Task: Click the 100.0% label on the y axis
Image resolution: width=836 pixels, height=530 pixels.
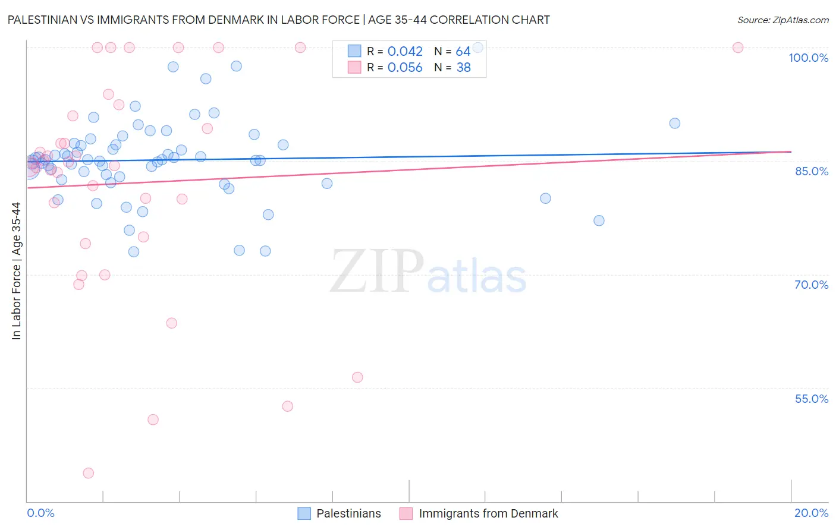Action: [x=808, y=58]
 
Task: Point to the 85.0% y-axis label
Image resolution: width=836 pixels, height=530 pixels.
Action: [x=811, y=171]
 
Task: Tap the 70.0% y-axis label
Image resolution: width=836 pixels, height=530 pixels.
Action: [x=811, y=285]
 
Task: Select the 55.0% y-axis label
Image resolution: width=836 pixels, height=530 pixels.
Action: [x=811, y=399]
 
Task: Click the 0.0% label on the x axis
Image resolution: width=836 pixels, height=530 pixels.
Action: [x=40, y=513]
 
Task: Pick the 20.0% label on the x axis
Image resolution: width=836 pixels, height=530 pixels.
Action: [x=811, y=513]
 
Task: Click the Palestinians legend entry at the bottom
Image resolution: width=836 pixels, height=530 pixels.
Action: [x=348, y=513]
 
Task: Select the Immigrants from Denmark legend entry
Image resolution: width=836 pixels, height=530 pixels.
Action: [x=488, y=513]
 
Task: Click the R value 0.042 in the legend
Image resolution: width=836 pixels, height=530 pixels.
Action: [x=405, y=52]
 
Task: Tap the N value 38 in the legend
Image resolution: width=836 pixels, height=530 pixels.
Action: [x=463, y=68]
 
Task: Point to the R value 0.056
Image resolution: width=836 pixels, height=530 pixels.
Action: [x=405, y=68]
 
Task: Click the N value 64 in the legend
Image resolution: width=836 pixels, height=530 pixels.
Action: [x=463, y=52]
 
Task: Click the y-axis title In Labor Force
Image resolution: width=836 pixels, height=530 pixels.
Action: [x=16, y=271]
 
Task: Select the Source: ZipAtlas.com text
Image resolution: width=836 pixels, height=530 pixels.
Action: [x=782, y=20]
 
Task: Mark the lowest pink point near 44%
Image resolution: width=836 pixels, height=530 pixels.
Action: [x=89, y=473]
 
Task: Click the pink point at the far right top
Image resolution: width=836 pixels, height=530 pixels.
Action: [x=738, y=48]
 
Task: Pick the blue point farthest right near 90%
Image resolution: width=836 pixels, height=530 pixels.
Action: [x=675, y=124]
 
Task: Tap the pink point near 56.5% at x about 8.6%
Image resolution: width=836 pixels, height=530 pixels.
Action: [x=357, y=377]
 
